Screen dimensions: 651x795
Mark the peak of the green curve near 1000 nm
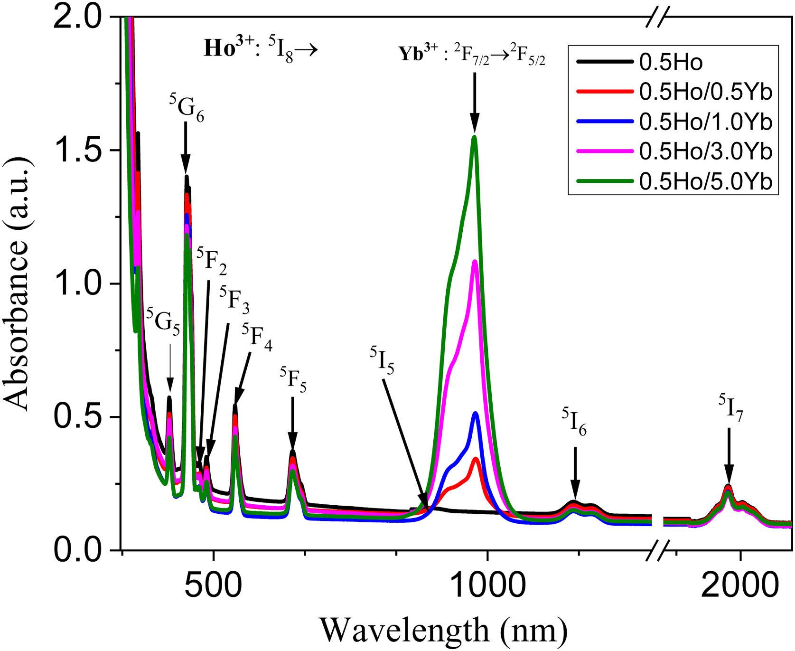click(474, 137)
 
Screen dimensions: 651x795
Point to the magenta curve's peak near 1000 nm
click(474, 261)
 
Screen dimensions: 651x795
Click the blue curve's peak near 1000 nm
click(476, 413)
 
